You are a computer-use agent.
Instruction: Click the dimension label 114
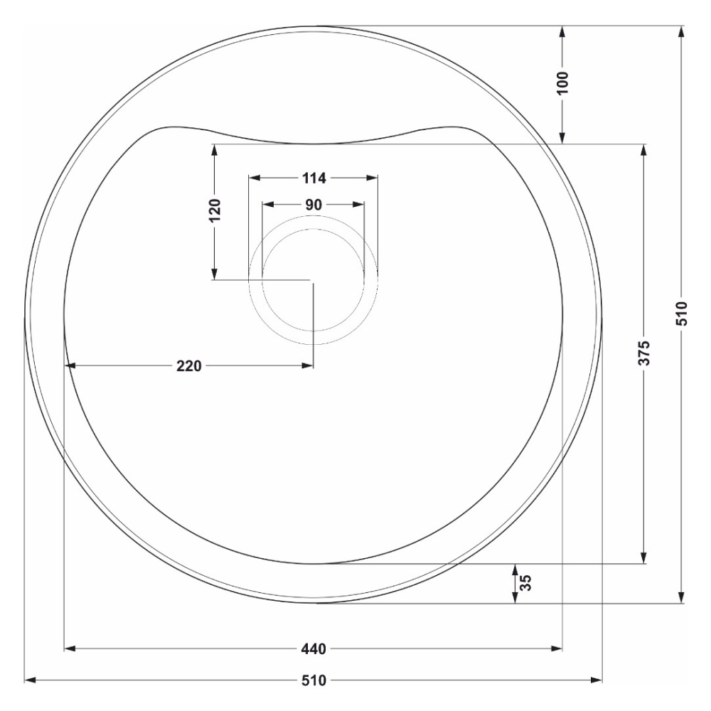pos(314,178)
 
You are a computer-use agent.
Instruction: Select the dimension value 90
pos(314,205)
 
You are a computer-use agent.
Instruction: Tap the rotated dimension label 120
pos(215,210)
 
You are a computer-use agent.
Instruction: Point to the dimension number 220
pos(188,365)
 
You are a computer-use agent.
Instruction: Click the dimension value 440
pos(314,649)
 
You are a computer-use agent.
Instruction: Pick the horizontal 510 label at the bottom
pos(314,680)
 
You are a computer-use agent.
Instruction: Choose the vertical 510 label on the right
pos(682,314)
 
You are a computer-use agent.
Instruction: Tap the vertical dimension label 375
pos(644,353)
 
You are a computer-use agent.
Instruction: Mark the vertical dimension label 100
pos(562,82)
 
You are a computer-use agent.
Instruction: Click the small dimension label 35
pos(525,583)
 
